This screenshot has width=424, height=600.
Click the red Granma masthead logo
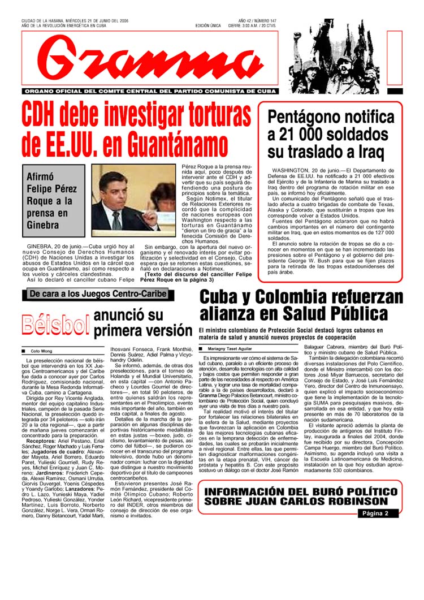pos(149,60)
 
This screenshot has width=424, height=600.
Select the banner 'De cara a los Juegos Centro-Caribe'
pos(98,293)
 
